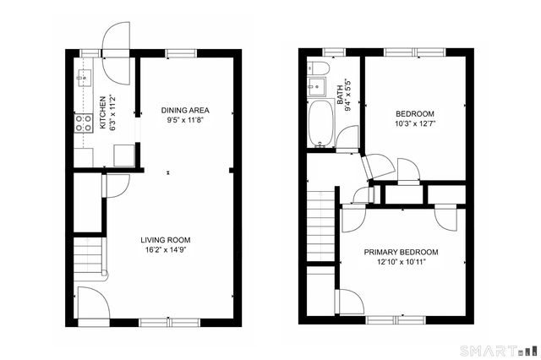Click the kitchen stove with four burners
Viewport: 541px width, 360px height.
83,124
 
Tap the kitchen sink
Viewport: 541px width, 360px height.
84,79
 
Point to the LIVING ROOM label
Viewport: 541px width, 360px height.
165,240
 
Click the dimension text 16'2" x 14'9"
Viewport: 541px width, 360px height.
165,250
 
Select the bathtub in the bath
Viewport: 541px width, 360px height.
321,123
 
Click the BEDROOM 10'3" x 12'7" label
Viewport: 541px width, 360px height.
414,114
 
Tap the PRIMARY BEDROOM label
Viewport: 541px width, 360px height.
401,252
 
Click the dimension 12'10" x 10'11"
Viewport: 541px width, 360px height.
401,262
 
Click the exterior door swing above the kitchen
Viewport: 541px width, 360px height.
115,40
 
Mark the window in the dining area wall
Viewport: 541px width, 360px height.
178,53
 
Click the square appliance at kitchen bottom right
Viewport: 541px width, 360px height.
123,154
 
